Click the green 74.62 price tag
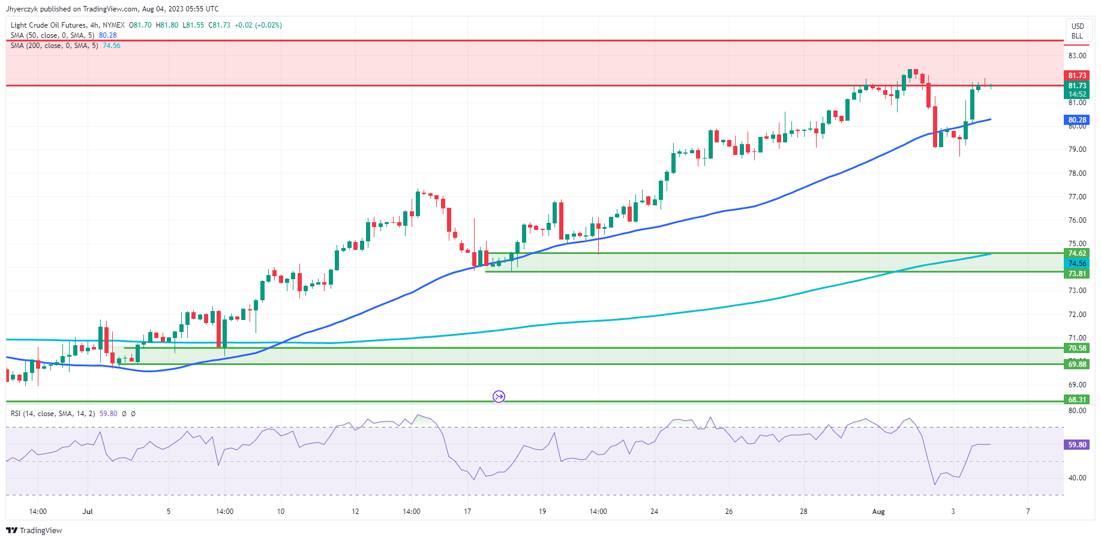click(1077, 253)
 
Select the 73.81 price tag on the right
click(1077, 274)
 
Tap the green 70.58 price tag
click(1077, 348)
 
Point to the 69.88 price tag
click(1077, 364)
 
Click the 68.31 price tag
click(1077, 400)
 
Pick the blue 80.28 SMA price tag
click(1077, 120)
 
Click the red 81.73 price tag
click(1077, 76)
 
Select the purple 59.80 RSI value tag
click(1077, 445)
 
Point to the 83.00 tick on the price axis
click(1077, 56)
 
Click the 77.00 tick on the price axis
click(1077, 197)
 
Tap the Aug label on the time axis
click(878, 512)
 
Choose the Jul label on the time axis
click(88, 512)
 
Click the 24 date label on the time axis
click(654, 512)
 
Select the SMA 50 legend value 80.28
click(108, 35)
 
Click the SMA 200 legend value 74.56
click(112, 46)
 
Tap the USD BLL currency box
click(1078, 31)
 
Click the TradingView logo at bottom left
click(34, 531)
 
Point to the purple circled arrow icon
click(499, 396)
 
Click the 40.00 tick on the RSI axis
click(1077, 478)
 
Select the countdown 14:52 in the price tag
click(1077, 94)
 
